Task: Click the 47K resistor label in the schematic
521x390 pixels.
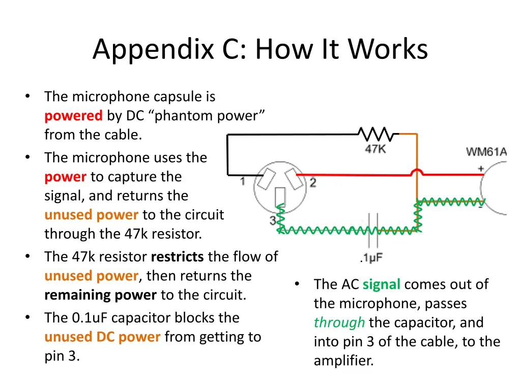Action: (375, 149)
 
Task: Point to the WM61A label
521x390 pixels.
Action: (486, 152)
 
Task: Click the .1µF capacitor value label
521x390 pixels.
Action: (371, 258)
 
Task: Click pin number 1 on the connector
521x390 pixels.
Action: (243, 181)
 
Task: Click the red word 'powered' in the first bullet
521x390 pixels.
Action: (73, 116)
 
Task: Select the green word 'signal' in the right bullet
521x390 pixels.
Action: (382, 284)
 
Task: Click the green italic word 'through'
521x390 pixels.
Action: (339, 322)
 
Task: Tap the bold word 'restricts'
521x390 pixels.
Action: (178, 256)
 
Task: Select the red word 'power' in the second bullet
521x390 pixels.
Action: (65, 177)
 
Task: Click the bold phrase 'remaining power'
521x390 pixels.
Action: (100, 295)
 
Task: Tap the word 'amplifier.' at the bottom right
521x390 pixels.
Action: (343, 361)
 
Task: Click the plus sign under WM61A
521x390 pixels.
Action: (480, 167)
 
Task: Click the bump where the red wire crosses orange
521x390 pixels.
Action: (417, 172)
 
